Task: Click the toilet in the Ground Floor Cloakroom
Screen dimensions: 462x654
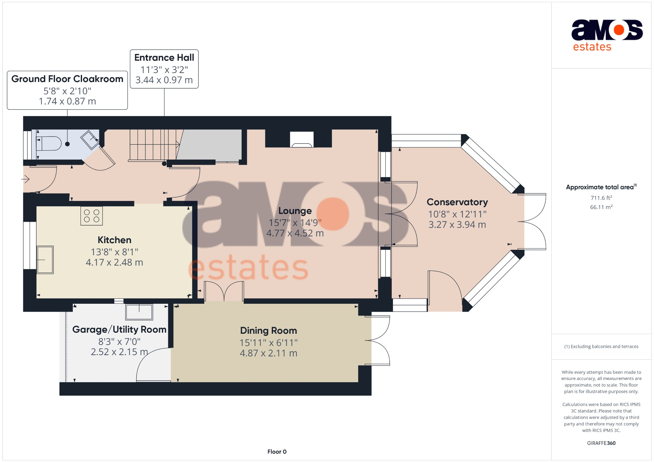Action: click(49, 144)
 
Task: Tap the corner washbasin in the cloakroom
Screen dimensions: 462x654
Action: click(90, 139)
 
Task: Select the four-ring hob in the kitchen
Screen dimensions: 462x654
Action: click(92, 216)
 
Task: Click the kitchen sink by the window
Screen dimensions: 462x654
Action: click(45, 260)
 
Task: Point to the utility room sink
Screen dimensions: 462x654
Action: click(139, 312)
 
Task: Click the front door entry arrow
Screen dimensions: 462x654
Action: click(26, 179)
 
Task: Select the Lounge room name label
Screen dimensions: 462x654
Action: click(295, 211)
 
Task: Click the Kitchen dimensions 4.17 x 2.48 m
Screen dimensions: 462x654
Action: click(114, 263)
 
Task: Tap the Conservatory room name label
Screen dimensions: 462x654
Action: click(457, 202)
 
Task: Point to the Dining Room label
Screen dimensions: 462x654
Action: click(268, 331)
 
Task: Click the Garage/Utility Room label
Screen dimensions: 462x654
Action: click(119, 330)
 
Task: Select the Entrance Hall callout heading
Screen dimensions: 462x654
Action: click(164, 58)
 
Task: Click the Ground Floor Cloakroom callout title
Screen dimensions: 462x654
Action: click(67, 79)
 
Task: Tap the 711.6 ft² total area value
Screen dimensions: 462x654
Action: click(601, 198)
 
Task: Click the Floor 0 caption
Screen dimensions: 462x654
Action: click(277, 451)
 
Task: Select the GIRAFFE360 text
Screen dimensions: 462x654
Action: click(601, 443)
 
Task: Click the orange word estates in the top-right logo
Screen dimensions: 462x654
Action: click(592, 47)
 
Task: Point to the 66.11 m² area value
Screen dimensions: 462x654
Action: click(601, 207)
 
